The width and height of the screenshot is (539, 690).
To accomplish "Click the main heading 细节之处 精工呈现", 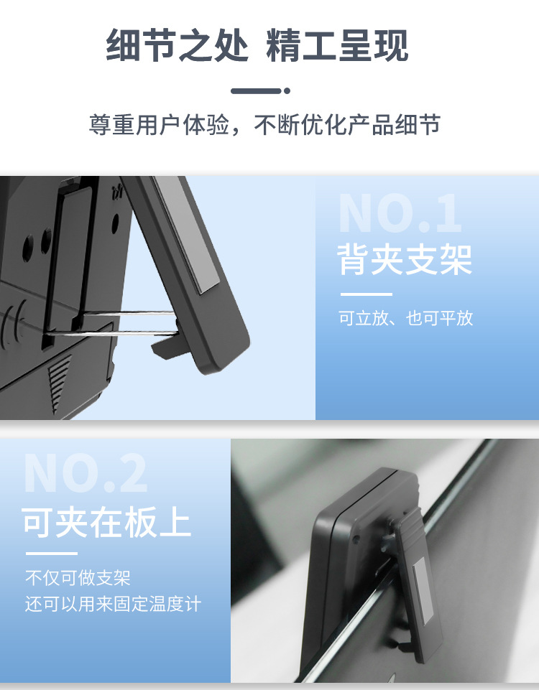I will point(257,46).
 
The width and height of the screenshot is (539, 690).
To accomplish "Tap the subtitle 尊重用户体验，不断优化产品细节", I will point(264,125).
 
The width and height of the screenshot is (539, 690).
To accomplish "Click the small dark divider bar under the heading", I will point(255,91).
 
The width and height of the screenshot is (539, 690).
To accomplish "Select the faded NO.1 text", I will point(400,213).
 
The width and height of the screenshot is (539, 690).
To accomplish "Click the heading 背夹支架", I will point(405,260).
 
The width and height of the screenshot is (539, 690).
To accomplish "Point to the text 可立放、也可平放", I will point(405,318).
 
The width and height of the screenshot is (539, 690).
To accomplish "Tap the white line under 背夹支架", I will point(366,294).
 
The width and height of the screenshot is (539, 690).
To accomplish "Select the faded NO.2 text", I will point(86,473).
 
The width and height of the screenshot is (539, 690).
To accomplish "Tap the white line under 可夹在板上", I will point(51,554).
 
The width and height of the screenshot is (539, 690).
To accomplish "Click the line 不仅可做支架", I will point(78,578).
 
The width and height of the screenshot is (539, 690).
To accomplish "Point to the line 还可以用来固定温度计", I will point(113,604).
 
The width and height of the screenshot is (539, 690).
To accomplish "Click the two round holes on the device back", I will point(37,243).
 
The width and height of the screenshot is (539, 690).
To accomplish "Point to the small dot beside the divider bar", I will point(287,91).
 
